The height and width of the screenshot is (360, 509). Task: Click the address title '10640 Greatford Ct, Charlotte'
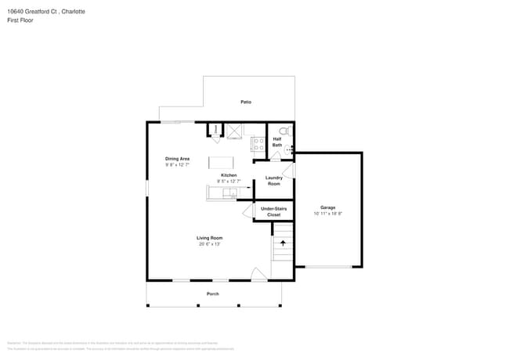point(48,12)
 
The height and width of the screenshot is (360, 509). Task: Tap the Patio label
point(246,102)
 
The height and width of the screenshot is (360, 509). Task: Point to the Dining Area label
point(177,159)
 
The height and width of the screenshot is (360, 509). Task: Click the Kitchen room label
point(229,175)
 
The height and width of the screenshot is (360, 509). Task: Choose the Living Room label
point(209,238)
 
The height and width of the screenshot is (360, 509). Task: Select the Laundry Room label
point(274,181)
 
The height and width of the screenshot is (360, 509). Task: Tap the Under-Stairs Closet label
point(273,211)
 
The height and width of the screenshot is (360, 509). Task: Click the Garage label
point(327,207)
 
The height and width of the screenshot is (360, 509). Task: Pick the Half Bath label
point(277,142)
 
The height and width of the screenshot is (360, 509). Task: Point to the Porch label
point(212,293)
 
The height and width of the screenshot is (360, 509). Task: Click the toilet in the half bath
point(283,131)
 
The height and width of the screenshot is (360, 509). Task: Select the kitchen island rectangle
point(221,163)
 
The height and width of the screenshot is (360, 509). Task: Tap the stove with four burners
point(258,143)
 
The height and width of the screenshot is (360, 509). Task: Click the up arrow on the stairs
point(283,243)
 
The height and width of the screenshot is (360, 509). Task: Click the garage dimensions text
point(327,214)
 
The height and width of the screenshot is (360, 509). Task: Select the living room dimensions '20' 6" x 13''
point(209,244)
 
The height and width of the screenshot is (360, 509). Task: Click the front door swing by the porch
point(258,274)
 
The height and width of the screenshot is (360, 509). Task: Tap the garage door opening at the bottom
point(327,268)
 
